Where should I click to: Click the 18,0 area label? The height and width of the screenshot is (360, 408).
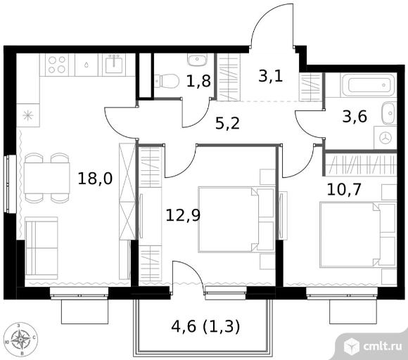click(95, 179)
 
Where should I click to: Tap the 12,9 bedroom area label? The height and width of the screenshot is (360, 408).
click(183, 215)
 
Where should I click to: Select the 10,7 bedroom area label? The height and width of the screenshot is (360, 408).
click(344, 189)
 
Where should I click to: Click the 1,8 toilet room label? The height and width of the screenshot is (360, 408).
click(198, 81)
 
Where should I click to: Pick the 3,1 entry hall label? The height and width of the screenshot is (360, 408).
click(271, 77)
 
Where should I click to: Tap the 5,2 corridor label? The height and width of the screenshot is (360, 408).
click(227, 123)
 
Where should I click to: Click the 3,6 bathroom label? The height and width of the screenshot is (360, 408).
click(355, 116)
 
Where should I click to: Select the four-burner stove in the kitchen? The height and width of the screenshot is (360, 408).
click(57, 65)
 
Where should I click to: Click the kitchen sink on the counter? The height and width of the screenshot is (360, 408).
click(114, 65)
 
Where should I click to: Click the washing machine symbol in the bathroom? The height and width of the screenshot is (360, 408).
click(385, 138)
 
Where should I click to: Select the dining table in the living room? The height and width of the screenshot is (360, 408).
click(47, 178)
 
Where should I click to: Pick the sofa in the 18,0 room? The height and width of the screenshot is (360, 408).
click(42, 248)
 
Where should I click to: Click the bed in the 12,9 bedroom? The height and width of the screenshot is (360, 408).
click(236, 219)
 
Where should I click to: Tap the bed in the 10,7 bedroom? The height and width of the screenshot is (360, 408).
click(358, 235)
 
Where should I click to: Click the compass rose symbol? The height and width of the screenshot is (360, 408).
click(21, 339)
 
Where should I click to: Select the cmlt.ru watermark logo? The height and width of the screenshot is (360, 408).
click(373, 346)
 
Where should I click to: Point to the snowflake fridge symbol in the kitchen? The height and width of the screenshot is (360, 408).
click(28, 115)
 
